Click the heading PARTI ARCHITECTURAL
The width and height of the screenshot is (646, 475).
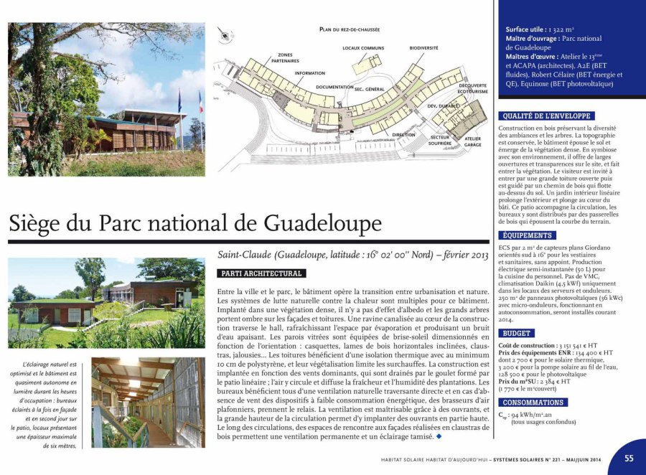pyautogui.click(x=261, y=273)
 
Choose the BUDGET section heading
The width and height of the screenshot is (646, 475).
pyautogui.click(x=517, y=334)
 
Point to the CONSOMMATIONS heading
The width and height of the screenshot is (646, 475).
pyautogui.click(x=533, y=403)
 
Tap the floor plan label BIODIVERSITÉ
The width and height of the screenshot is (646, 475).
pyautogui.click(x=423, y=48)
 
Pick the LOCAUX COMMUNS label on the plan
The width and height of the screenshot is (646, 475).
pyautogui.click(x=363, y=48)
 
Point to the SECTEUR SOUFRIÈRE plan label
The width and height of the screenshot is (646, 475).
pyautogui.click(x=440, y=139)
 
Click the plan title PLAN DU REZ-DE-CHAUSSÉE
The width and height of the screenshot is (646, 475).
pyautogui.click(x=350, y=29)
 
